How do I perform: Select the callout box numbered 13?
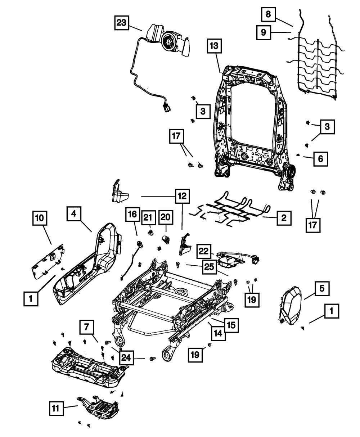point(214,46)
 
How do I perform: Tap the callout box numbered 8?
point(268,14)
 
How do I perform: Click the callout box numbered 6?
point(320,158)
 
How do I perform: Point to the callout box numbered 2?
point(284,218)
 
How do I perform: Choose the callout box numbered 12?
point(182,196)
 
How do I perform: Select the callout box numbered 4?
point(74,214)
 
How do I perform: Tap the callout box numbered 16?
point(132,215)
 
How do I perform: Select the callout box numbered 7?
point(87,328)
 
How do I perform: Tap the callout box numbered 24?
point(126,357)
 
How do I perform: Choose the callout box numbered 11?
point(57,408)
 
